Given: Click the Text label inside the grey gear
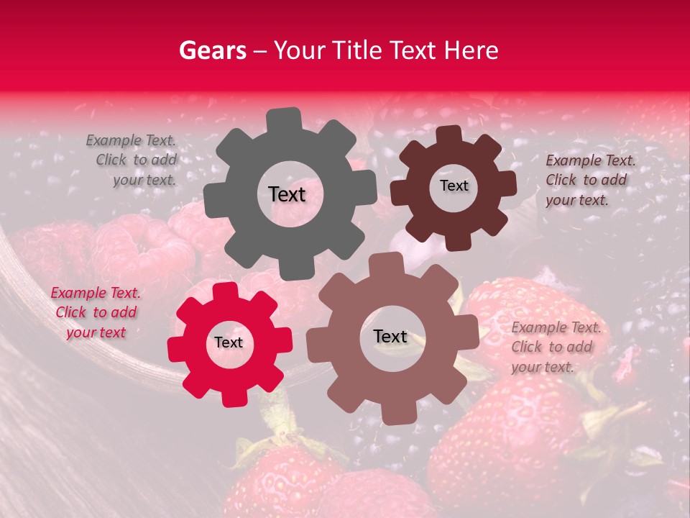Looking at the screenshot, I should click(287, 194).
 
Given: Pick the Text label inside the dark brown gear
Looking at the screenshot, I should click(454, 186).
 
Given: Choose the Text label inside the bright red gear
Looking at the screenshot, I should click(229, 343).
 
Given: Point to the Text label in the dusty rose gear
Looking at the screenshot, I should click(390, 337).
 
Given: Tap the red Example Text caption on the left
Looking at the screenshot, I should click(96, 312).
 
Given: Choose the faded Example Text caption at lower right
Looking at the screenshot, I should click(555, 347).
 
